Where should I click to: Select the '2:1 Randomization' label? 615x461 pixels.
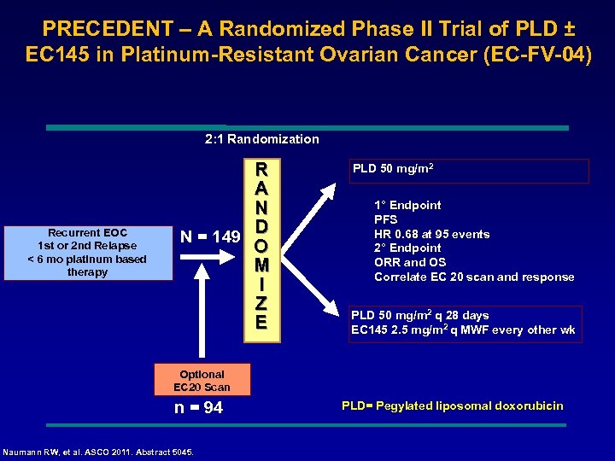262,139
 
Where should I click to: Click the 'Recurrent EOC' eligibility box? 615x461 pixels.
88,252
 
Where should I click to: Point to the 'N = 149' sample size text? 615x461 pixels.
210,236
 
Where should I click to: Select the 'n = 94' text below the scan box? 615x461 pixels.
198,408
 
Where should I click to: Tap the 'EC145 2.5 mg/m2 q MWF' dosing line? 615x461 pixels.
463,330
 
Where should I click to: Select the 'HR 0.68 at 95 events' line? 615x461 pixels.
431,234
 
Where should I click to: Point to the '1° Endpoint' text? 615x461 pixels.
407,205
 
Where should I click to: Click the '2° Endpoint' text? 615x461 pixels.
407,248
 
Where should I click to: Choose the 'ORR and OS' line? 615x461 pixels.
410,262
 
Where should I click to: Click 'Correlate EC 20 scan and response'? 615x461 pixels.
474,277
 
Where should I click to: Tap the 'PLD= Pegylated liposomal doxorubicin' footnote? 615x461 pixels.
452,406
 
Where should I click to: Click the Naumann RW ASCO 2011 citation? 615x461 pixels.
99,452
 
